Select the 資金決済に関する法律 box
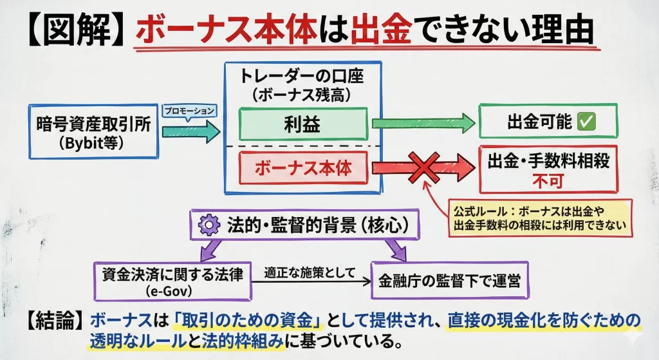172,279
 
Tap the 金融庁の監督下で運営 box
450,279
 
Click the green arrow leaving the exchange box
190,132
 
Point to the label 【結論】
55,319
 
